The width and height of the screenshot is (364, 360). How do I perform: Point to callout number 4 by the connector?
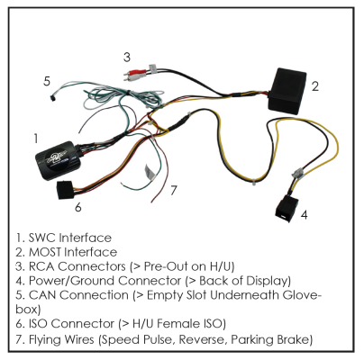(304, 215)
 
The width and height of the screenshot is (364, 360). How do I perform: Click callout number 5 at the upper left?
(46, 80)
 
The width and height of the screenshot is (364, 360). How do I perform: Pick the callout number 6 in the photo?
(77, 207)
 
